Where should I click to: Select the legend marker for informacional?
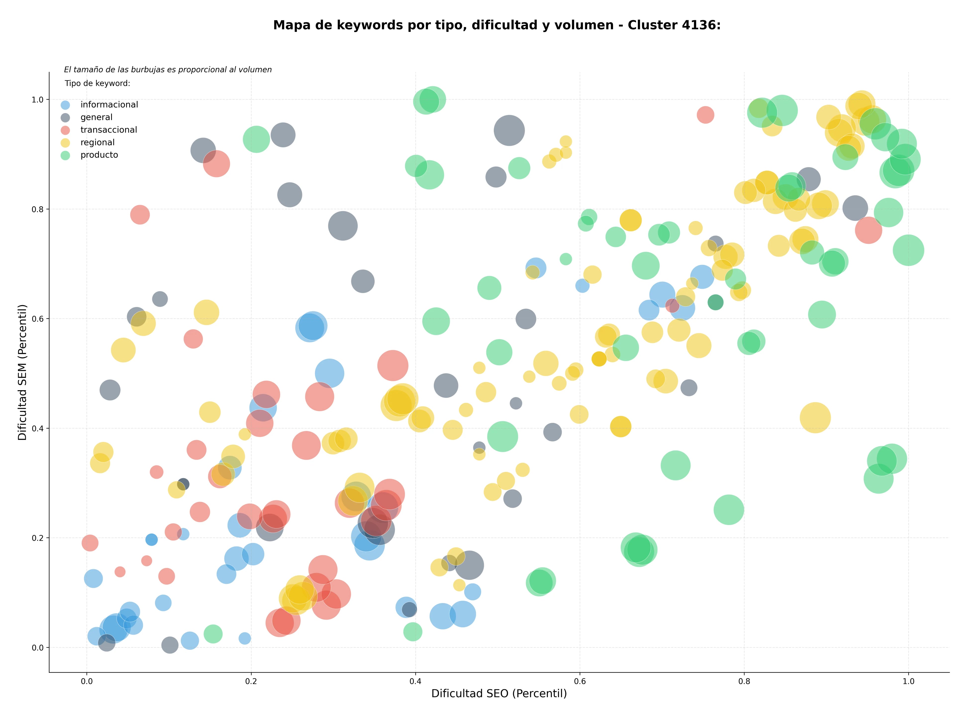pos(65,105)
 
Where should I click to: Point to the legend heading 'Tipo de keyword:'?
pos(97,83)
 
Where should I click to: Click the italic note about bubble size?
pos(168,69)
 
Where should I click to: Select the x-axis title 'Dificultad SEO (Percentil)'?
pos(499,693)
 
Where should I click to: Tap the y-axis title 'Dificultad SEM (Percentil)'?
pos(22,372)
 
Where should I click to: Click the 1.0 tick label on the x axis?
pos(908,682)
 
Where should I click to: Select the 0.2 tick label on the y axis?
pos(38,538)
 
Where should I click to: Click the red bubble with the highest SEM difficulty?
pos(705,115)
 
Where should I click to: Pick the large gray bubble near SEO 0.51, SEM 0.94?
pos(509,130)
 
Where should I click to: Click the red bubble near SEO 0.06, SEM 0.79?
pos(140,215)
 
